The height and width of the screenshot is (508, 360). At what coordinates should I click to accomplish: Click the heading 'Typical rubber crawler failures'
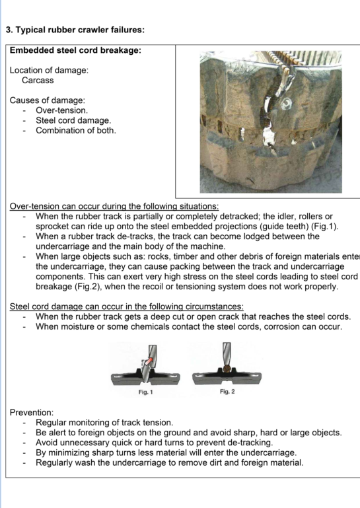coord(80,30)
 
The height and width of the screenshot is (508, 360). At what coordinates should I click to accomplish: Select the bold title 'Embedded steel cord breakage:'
coord(75,50)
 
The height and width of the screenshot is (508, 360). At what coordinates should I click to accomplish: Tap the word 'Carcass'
coord(38,81)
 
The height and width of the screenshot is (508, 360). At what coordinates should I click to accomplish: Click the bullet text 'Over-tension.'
coord(62,110)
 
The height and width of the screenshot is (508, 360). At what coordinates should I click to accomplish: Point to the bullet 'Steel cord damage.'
coord(73,120)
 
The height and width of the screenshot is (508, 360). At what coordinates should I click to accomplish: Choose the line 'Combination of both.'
coord(76,130)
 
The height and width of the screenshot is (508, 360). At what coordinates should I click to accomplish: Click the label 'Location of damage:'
coord(49,70)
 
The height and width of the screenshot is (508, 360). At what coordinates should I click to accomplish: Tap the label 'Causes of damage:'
coord(48,100)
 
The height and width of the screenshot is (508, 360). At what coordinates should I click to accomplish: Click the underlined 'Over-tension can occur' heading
coord(114,206)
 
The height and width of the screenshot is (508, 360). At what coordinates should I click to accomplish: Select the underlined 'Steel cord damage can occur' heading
coord(127,306)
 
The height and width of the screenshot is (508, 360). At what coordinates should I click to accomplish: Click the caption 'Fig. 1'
coord(145,392)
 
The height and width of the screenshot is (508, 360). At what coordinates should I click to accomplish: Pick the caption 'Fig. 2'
coord(227,391)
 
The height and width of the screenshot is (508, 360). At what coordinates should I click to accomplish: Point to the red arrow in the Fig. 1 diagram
coord(148,361)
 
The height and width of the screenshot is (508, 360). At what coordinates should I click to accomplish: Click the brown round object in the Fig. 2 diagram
coord(227,369)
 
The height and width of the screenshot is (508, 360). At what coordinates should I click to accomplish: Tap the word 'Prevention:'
coord(32,412)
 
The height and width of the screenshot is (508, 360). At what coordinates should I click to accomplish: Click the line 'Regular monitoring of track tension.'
coord(104,423)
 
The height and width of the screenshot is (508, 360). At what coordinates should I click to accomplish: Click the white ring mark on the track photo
coord(287,104)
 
